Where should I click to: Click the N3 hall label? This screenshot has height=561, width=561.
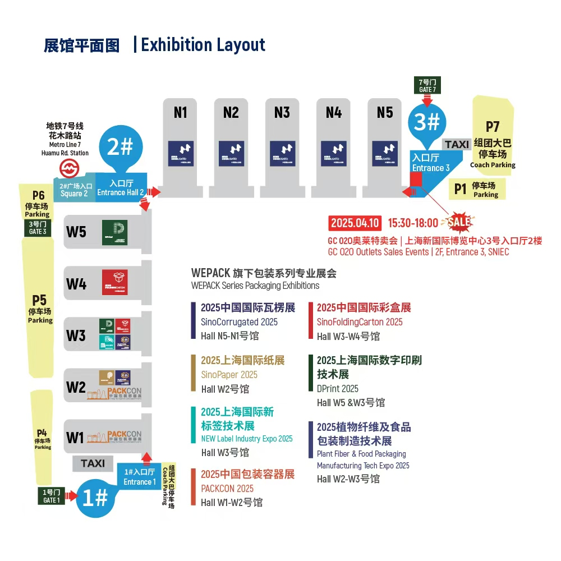[x=282, y=112]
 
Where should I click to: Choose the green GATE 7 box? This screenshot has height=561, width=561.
[x=427, y=85]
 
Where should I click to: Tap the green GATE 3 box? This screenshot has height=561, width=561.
[x=38, y=227]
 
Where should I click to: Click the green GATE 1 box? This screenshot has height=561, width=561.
[x=50, y=496]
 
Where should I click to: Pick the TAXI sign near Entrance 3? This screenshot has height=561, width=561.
[x=457, y=145]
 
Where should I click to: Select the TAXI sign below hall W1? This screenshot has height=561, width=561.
[x=93, y=463]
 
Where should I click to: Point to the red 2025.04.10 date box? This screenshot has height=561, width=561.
[x=355, y=223]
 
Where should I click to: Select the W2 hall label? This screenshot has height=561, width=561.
[x=76, y=387]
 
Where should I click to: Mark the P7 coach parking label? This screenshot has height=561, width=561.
[x=493, y=127]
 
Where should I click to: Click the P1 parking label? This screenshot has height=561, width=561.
[x=461, y=189]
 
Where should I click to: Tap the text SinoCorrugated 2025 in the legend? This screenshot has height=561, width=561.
[x=239, y=322]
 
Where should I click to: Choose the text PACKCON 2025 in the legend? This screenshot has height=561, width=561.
[x=227, y=489]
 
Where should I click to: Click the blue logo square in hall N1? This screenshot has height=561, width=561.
[x=181, y=154]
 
